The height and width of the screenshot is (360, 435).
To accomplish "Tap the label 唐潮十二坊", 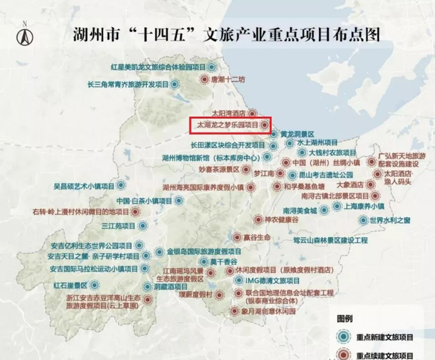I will (229, 80).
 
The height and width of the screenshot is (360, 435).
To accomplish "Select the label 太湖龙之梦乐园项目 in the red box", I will (227, 125).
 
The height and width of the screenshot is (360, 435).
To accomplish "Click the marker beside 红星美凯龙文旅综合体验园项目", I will (212, 66).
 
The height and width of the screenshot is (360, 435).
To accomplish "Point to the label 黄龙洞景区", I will (297, 134).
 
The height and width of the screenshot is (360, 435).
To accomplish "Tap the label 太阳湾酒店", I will (229, 114).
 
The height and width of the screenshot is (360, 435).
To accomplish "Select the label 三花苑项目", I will (119, 226).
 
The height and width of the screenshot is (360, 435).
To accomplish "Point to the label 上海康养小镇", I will (364, 206).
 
